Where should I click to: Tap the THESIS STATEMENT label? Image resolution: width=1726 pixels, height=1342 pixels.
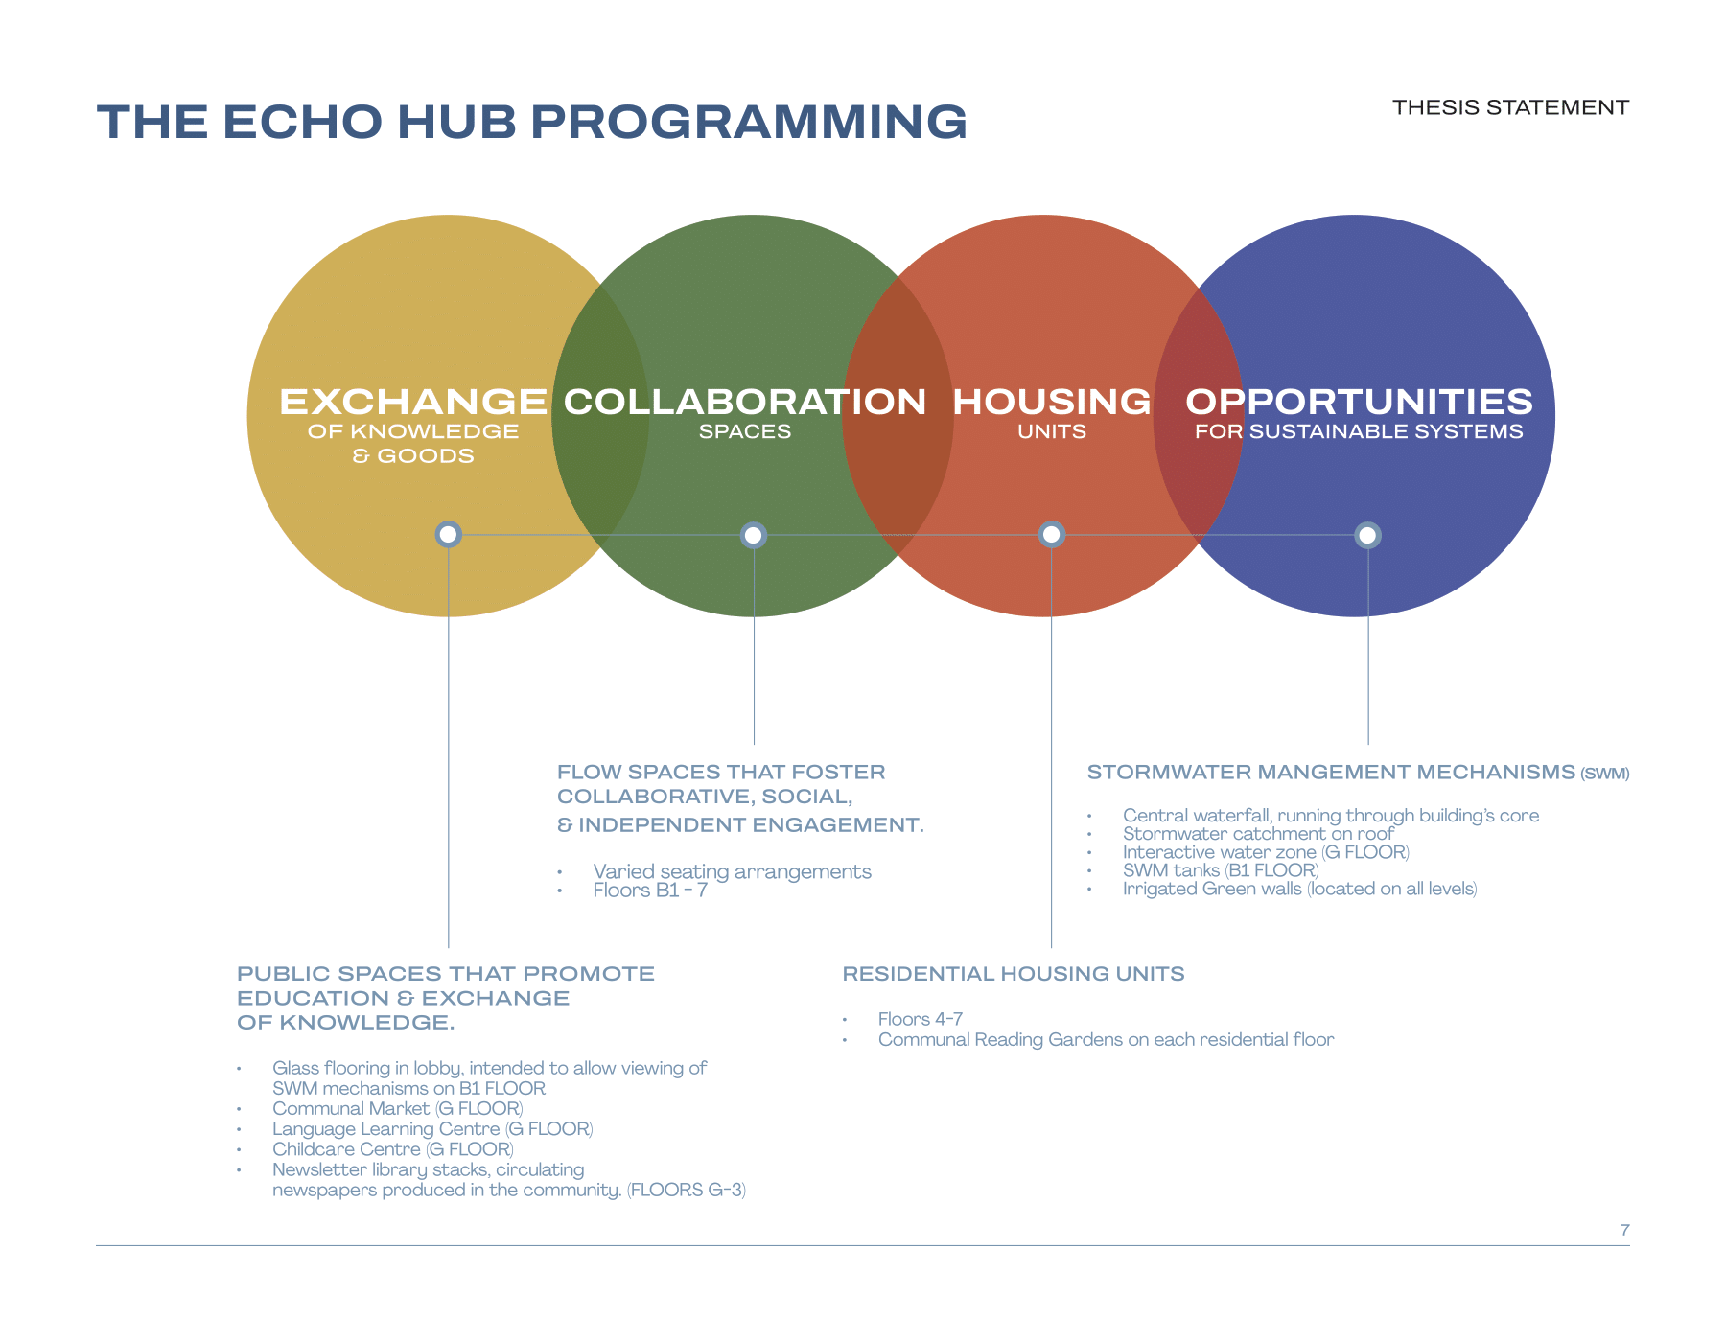click(1510, 107)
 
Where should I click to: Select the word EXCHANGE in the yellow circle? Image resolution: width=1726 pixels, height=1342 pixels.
click(413, 402)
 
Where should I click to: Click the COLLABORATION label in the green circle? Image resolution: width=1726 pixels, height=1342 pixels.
click(745, 402)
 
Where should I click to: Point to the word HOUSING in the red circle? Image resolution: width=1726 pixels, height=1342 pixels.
click(1052, 402)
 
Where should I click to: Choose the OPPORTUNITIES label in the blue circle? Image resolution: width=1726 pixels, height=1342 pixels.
click(1359, 402)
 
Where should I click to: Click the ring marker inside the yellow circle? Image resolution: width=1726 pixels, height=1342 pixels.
click(448, 534)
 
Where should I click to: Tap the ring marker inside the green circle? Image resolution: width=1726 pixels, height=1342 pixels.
click(754, 535)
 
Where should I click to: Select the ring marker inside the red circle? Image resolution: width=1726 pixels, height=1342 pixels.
click(1052, 534)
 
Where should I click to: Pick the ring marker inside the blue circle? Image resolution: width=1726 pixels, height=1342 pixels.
click(1367, 535)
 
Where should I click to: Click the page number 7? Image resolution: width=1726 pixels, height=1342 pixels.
click(1624, 1230)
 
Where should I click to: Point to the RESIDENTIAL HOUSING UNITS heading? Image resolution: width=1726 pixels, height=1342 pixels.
click(1014, 974)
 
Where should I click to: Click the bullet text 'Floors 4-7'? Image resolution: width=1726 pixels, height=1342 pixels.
click(920, 1019)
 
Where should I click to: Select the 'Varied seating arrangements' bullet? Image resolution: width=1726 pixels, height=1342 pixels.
click(732, 871)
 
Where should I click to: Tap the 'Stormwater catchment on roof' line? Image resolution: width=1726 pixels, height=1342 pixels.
click(1258, 834)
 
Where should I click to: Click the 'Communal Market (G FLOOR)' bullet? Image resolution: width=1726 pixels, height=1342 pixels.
click(397, 1109)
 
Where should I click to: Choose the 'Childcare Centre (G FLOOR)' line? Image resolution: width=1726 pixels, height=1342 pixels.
click(392, 1149)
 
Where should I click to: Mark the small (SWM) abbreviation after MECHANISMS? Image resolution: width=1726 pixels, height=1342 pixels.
click(1605, 774)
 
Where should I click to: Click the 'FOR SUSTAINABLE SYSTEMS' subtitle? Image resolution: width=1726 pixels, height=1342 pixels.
click(1359, 432)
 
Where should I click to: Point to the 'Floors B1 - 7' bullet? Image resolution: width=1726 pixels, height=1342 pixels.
click(650, 891)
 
